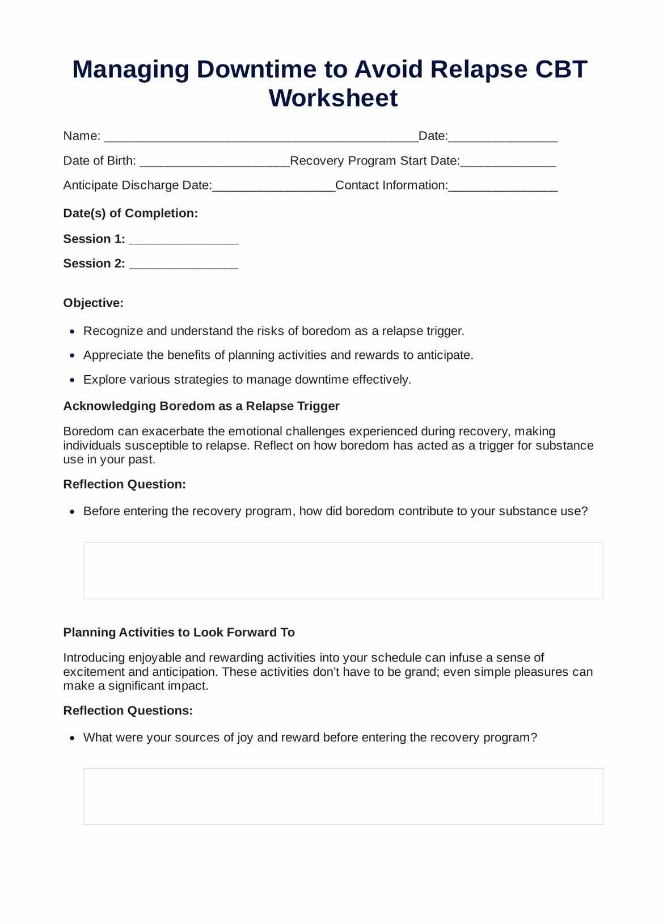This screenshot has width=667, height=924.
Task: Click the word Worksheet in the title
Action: [x=333, y=98]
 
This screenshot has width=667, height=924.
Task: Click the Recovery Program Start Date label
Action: [x=374, y=161]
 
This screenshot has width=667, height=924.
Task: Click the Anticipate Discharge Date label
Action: [x=137, y=185]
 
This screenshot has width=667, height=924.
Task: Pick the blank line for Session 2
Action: [x=184, y=266]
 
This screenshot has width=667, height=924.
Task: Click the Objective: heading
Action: [x=94, y=303]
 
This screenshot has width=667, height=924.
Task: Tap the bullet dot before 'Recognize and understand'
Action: [x=72, y=332]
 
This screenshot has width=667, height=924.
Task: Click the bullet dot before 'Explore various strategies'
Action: [x=72, y=380]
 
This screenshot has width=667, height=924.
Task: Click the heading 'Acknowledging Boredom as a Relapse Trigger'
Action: [x=201, y=406]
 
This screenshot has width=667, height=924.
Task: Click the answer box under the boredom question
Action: [x=343, y=570]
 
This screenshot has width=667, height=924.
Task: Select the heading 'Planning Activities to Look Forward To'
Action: [x=179, y=632]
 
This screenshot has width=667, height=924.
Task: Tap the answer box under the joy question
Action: [x=343, y=796]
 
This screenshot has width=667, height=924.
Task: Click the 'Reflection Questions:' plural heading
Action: [x=128, y=710]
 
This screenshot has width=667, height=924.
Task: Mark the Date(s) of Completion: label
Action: [x=130, y=213]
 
